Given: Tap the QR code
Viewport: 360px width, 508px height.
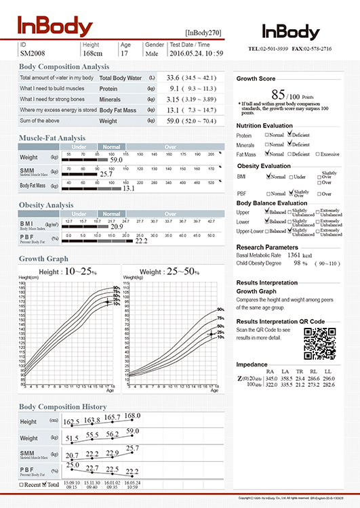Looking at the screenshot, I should [x=320, y=343].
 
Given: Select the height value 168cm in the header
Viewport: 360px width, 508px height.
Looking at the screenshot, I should [x=92, y=52].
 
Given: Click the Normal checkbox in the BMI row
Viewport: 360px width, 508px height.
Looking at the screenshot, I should [x=268, y=176].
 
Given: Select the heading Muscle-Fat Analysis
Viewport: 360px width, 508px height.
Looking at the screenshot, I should [x=52, y=138].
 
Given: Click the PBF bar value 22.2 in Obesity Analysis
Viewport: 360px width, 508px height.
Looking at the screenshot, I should [x=141, y=240].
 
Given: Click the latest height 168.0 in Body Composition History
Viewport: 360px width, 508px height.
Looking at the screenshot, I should [x=132, y=416].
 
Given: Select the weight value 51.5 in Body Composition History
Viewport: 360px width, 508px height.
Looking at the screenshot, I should [x=71, y=439].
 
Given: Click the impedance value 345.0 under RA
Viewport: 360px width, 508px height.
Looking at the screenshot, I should [x=272, y=378].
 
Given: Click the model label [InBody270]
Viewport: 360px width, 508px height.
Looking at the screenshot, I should [x=203, y=33].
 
